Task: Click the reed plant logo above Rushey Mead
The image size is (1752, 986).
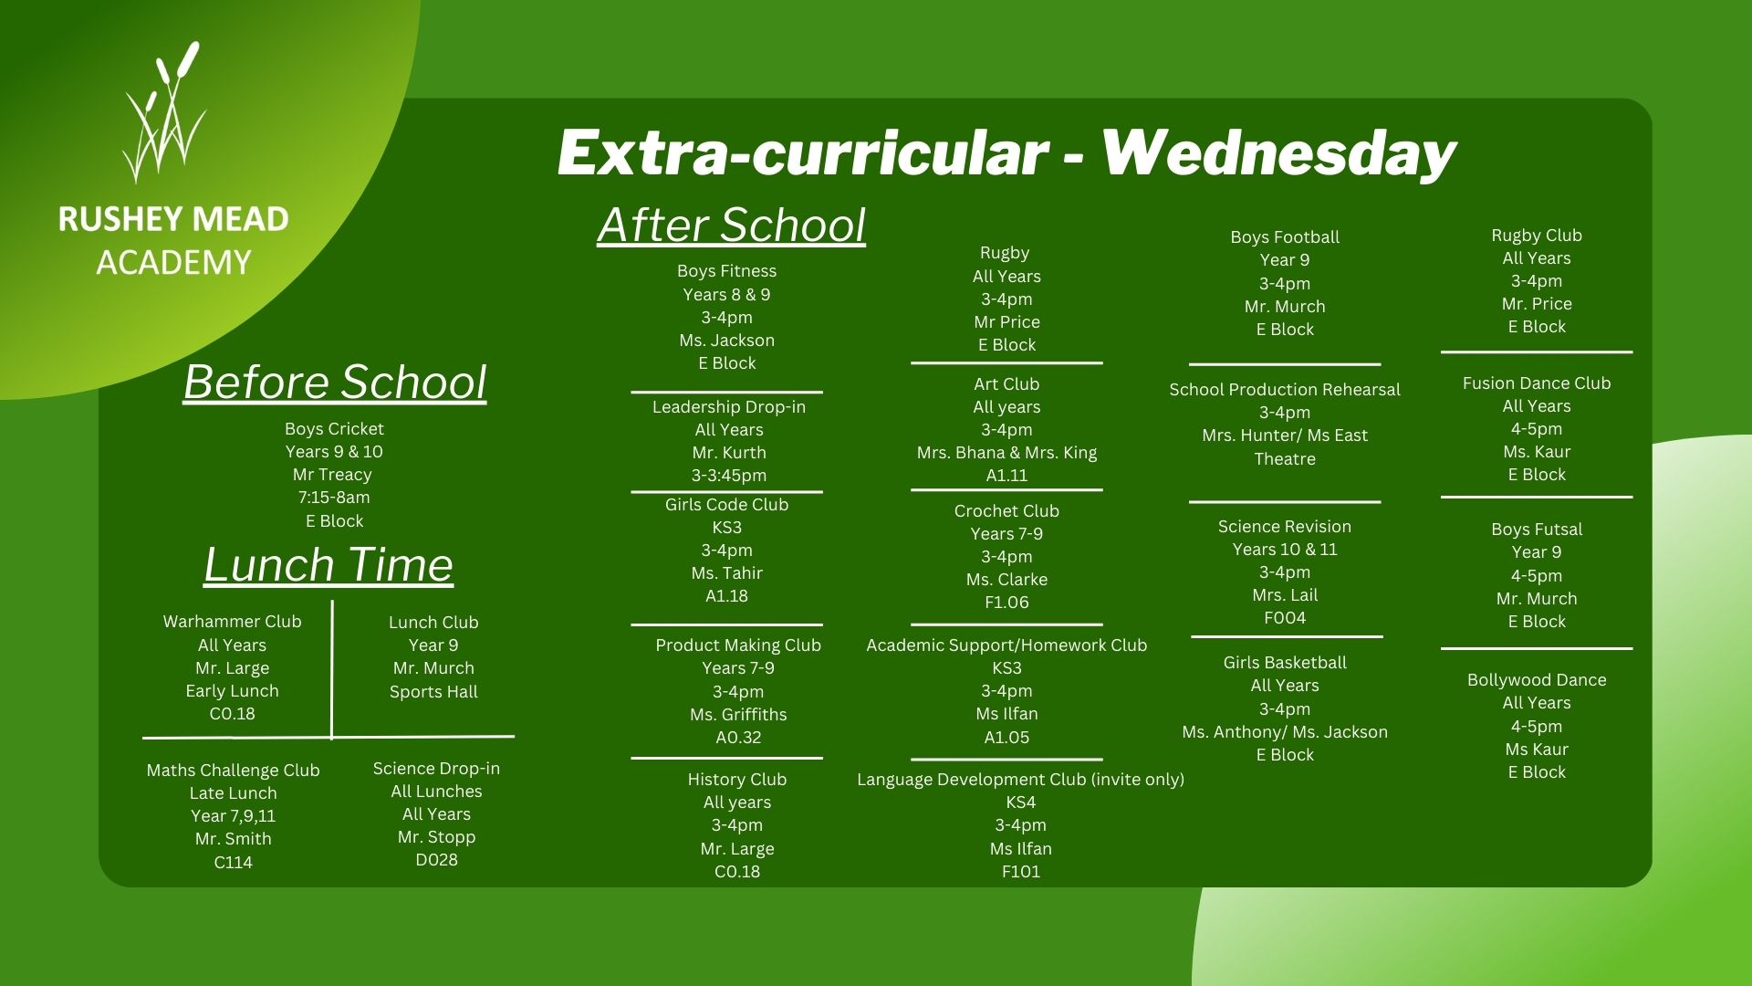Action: (164, 111)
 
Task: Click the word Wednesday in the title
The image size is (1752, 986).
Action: (1278, 152)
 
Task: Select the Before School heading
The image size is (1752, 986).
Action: (335, 382)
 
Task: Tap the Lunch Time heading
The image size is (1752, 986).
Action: (328, 564)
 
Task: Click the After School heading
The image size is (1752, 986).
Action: (732, 225)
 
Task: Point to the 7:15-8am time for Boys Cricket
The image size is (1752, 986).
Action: (334, 498)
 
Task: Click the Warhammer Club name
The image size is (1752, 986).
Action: (232, 622)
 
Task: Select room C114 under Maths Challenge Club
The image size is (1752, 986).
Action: (233, 862)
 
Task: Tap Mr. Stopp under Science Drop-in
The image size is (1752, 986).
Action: (436, 837)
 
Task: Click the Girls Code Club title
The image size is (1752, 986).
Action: (726, 505)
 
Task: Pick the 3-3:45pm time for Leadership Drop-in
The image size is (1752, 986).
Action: (729, 476)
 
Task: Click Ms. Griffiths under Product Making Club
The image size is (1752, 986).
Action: (738, 715)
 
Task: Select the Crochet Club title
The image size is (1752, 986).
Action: (1006, 511)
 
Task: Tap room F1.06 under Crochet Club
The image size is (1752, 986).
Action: (1006, 603)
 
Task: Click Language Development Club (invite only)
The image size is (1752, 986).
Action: (1020, 780)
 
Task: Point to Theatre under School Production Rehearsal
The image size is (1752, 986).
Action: (1285, 459)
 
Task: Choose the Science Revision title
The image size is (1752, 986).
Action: (1285, 527)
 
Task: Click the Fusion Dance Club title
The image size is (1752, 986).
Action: (1537, 383)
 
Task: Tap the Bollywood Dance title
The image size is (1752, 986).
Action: (1537, 680)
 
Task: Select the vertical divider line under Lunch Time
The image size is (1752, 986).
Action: (332, 669)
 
